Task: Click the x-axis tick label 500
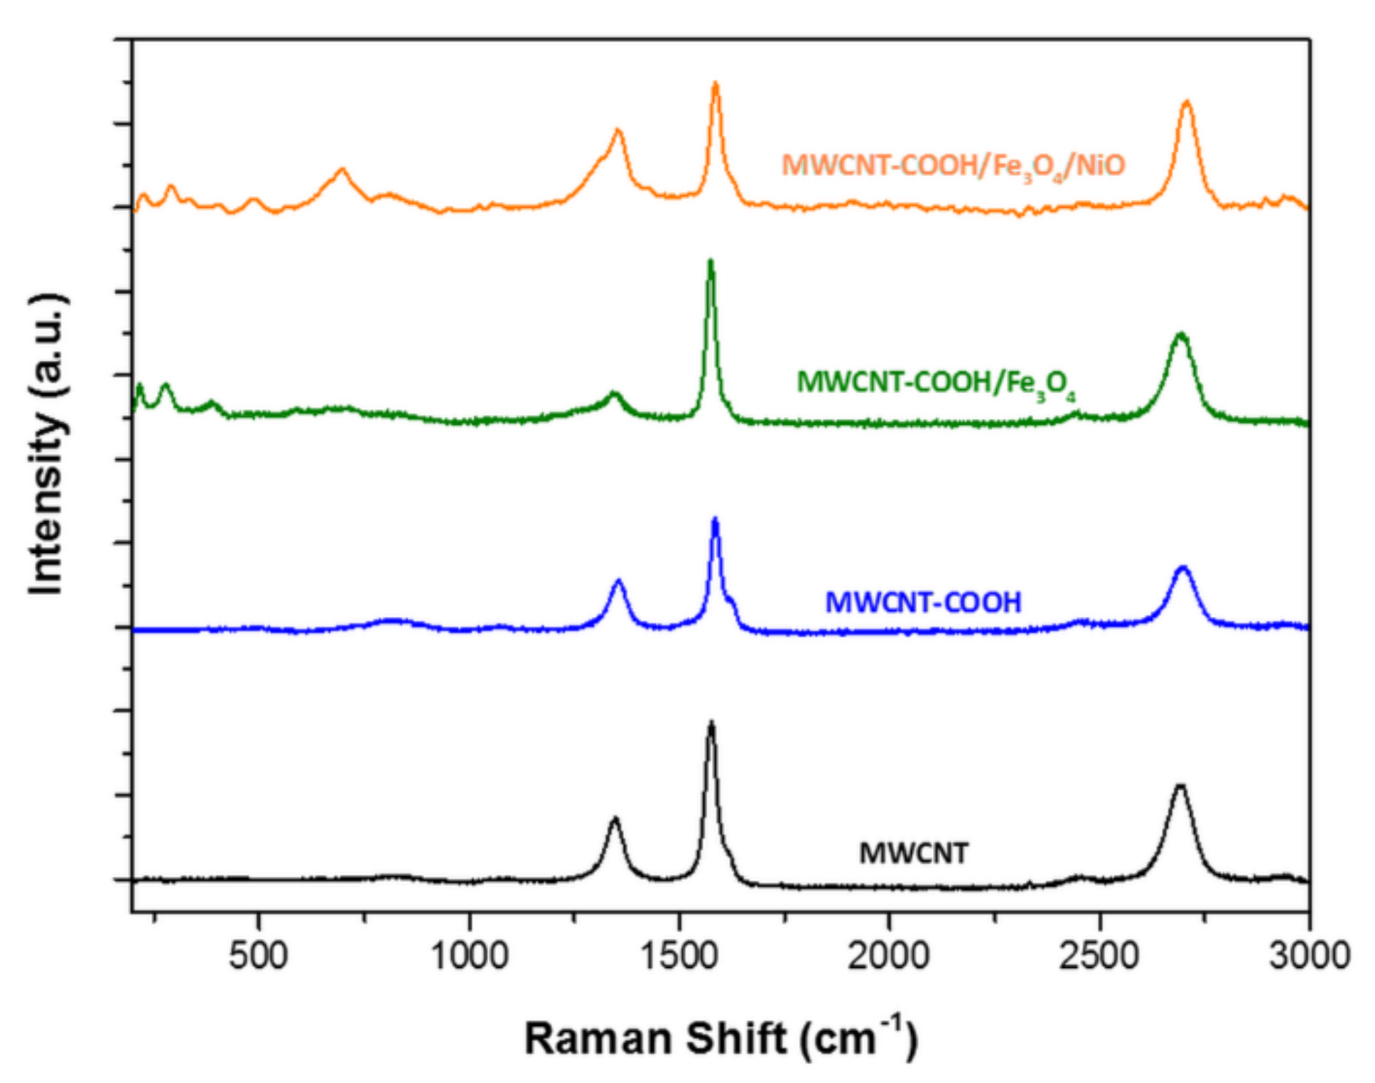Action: click(x=258, y=956)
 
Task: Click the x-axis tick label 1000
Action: click(x=469, y=956)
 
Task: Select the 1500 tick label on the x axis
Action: click(x=679, y=956)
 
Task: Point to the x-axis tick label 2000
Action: click(x=888, y=956)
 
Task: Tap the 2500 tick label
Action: click(x=1099, y=956)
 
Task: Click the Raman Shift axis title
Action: click(x=721, y=1038)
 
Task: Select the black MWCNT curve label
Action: click(x=913, y=853)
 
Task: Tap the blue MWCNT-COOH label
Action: click(x=922, y=603)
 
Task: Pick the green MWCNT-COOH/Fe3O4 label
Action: click(x=935, y=384)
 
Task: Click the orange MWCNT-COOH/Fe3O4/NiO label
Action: click(x=953, y=166)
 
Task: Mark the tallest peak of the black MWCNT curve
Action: click(x=711, y=723)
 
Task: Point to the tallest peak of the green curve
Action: click(x=710, y=261)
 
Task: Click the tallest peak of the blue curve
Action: click(x=715, y=519)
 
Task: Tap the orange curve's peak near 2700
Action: click(x=1186, y=102)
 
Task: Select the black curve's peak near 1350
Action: click(x=615, y=819)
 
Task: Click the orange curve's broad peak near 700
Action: click(x=342, y=170)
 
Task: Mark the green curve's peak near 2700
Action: click(x=1181, y=334)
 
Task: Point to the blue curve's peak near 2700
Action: click(x=1183, y=568)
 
